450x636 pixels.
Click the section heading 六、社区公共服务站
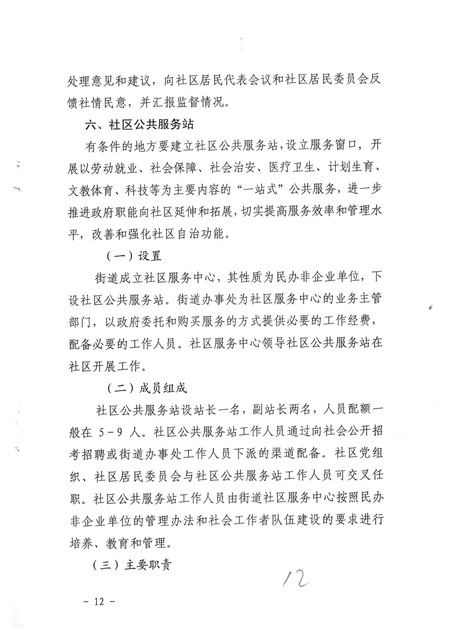pos(139,125)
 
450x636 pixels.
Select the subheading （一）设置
pos(134,256)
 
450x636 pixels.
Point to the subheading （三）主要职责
pos(132,565)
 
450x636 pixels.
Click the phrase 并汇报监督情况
pos(184,102)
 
